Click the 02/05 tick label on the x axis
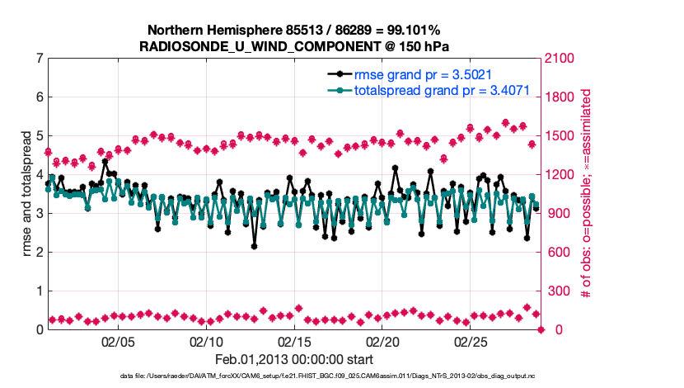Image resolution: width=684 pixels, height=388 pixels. [117, 342]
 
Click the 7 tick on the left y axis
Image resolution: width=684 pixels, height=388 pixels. [40, 59]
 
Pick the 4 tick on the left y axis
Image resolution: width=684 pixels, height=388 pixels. [40, 175]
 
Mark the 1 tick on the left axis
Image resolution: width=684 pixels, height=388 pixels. [40, 291]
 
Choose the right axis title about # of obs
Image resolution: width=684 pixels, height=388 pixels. [587, 194]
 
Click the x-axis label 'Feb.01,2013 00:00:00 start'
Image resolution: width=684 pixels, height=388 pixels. [294, 360]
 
